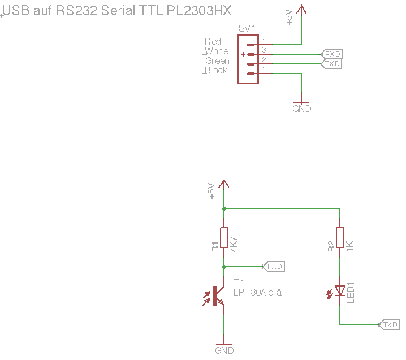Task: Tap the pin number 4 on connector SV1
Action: [264, 41]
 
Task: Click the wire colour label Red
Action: [213, 41]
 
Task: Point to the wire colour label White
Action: [217, 51]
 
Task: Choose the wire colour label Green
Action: [217, 60]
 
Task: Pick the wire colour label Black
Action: [216, 70]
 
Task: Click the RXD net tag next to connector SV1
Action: [332, 54]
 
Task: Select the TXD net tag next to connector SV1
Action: [332, 64]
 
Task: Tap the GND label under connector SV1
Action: [301, 109]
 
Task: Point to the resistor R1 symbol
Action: [224, 237]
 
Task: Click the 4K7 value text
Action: [234, 242]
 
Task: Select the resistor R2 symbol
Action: [340, 237]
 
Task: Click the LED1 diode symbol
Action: [340, 290]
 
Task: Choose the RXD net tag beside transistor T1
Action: [274, 266]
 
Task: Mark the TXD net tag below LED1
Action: [390, 325]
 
